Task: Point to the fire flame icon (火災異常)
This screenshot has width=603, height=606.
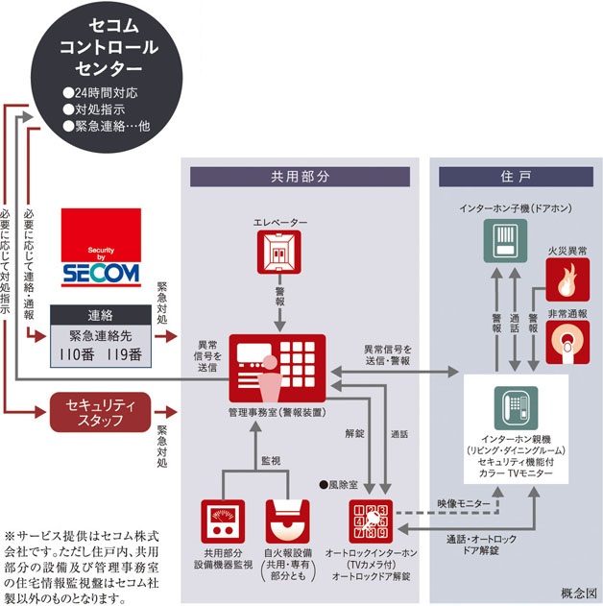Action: point(567,279)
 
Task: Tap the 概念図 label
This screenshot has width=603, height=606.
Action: point(578,593)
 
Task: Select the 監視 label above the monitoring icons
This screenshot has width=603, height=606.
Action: point(272,461)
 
